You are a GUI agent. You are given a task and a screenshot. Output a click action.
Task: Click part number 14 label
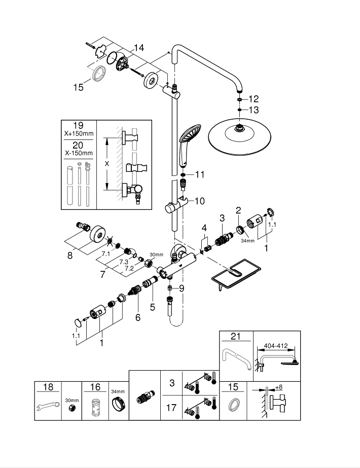tap(138, 48)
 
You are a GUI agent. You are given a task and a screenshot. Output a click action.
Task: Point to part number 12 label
tap(253, 98)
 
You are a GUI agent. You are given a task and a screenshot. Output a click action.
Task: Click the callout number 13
tap(253, 110)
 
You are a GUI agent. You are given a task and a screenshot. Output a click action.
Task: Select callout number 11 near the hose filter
tap(199, 174)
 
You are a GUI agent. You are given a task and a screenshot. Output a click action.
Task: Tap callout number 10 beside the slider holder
tap(199, 201)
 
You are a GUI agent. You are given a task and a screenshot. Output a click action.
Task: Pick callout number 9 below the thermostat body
tap(181, 289)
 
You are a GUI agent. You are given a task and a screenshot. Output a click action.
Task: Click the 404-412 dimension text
tap(275, 346)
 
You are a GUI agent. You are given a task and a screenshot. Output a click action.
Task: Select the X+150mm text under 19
tap(78, 134)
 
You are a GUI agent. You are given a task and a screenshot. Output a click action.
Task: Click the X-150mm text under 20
tap(78, 153)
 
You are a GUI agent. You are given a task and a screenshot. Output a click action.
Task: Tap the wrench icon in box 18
tap(48, 406)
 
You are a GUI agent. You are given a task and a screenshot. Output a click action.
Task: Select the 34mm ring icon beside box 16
tap(118, 406)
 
